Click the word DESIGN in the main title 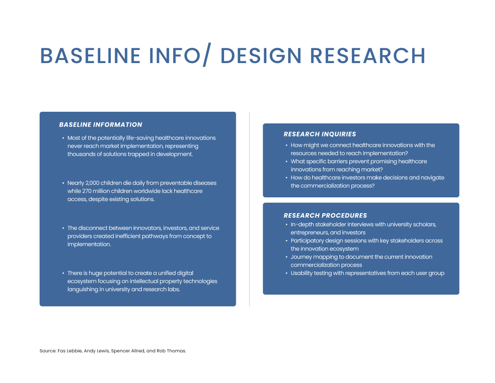[261, 55]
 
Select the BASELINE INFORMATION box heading [101, 124]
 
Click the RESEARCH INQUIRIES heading [320, 134]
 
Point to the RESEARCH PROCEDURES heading [325, 215]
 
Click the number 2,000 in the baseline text [92, 183]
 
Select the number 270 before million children [87, 191]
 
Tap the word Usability [302, 273]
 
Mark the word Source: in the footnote [48, 351]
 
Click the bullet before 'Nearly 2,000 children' [63, 183]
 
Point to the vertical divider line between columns [249, 209]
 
